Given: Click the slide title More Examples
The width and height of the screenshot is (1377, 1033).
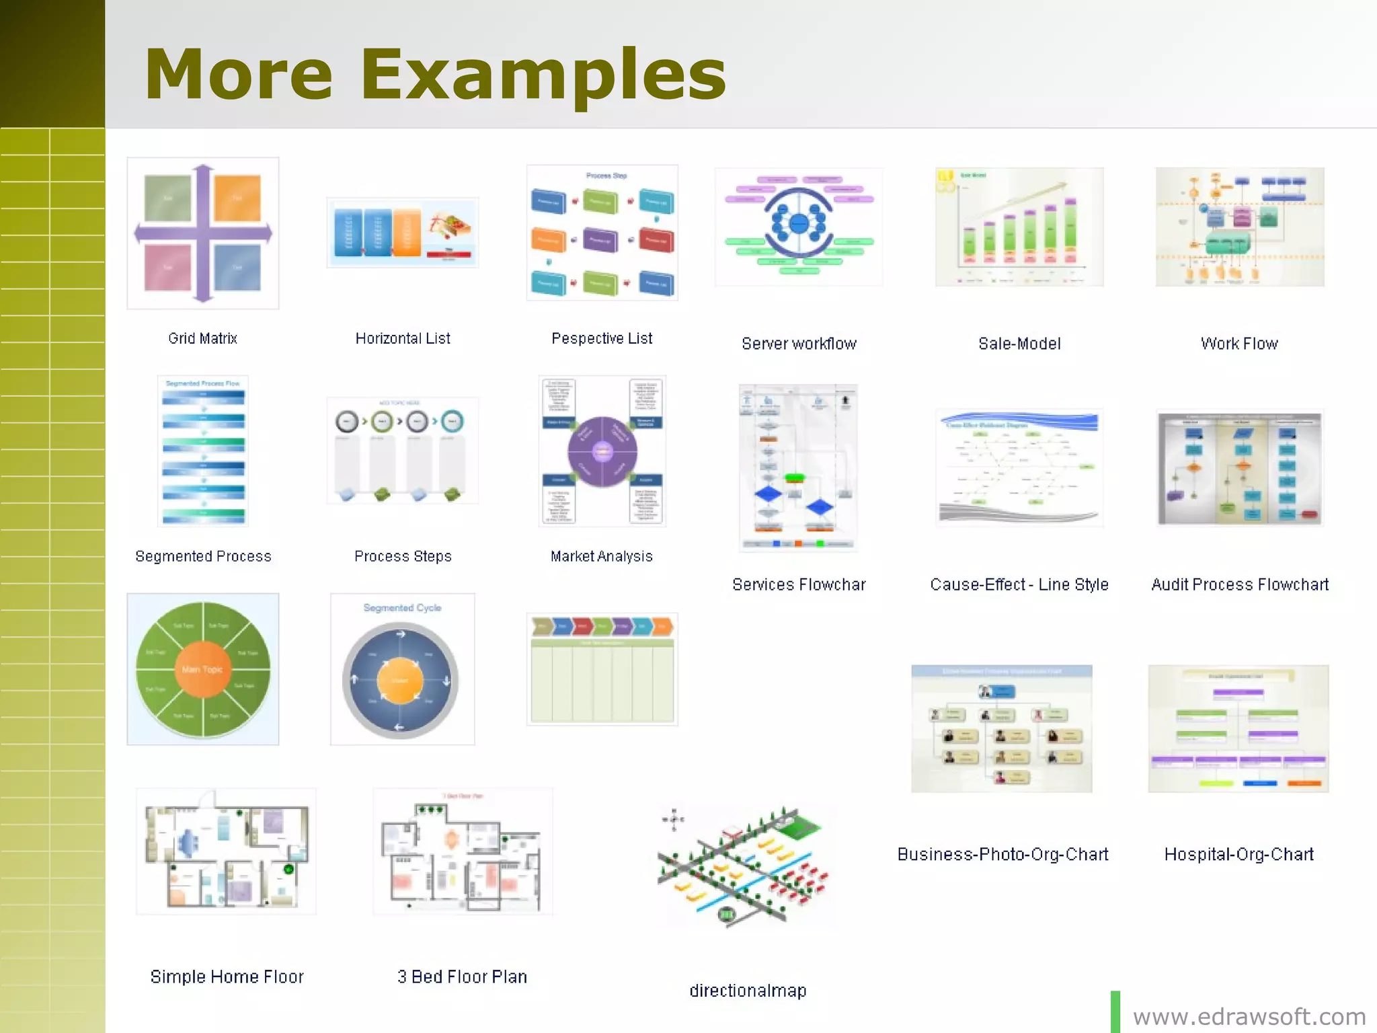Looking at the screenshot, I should click(435, 74).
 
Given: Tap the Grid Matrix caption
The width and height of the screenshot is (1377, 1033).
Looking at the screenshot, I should click(202, 338).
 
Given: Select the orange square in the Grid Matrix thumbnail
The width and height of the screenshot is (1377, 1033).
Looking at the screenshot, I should click(237, 198).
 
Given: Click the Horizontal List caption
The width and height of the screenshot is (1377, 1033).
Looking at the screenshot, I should click(403, 338).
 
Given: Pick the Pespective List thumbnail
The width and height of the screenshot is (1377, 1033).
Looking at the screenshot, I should click(602, 232).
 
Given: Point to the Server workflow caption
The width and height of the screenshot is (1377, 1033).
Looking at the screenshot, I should click(799, 344).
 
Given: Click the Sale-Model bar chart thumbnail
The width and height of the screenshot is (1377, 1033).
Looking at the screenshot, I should click(1019, 227).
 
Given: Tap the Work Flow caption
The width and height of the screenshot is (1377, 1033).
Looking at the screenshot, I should click(1239, 344).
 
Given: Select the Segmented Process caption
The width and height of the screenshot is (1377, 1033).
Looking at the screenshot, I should click(203, 556).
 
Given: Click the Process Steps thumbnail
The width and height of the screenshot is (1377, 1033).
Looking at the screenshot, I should click(402, 450).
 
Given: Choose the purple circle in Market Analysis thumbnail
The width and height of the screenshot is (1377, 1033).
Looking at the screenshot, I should click(602, 451).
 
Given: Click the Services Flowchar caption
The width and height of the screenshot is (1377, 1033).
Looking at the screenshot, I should click(799, 584).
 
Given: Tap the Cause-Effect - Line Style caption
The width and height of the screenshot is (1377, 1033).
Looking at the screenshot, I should click(1019, 584).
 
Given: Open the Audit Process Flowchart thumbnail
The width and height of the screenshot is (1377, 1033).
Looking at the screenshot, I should click(1239, 468).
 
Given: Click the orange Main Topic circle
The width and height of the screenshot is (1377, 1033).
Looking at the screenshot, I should click(202, 669).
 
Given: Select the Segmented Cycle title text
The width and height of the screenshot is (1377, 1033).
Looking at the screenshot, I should click(402, 608).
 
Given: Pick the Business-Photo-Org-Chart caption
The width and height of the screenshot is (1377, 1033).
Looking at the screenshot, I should click(1002, 854).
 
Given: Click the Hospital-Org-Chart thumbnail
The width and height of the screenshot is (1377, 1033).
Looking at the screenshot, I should click(1238, 728).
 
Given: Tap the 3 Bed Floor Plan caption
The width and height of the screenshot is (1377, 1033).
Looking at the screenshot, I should click(462, 977).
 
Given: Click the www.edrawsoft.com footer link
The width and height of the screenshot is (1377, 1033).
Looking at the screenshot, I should click(1249, 1016).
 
